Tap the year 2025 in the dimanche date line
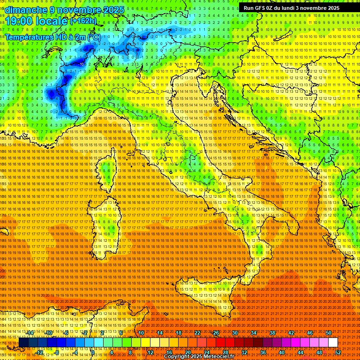(113, 10)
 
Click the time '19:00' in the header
(21, 21)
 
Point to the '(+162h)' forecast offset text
(83, 21)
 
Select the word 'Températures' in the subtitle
(30, 37)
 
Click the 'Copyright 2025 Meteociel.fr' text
(199, 357)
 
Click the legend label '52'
(338, 352)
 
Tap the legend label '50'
(329, 333)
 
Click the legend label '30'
(235, 333)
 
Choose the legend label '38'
(272, 333)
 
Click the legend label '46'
(310, 333)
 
